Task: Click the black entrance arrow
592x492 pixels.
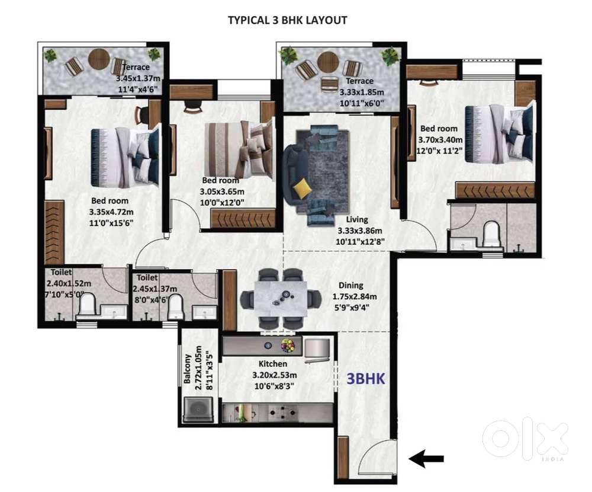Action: (426, 459)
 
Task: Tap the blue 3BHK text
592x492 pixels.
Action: (366, 379)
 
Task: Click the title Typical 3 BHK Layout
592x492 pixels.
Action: (287, 20)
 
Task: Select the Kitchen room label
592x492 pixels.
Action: (272, 364)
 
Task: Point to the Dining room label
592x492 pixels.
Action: (350, 286)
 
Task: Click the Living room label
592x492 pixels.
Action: (357, 219)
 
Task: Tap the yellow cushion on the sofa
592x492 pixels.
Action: (302, 189)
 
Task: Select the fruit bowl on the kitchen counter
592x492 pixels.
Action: (288, 346)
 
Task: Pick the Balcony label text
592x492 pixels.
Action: (187, 369)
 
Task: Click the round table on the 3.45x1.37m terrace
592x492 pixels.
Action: (99, 59)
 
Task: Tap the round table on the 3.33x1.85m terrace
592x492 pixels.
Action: (329, 63)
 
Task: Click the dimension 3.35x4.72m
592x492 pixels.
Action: (111, 212)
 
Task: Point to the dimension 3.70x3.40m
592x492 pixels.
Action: (440, 140)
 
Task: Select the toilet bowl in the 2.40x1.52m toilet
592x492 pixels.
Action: (88, 305)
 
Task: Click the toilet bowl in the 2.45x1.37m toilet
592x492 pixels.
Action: (175, 307)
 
